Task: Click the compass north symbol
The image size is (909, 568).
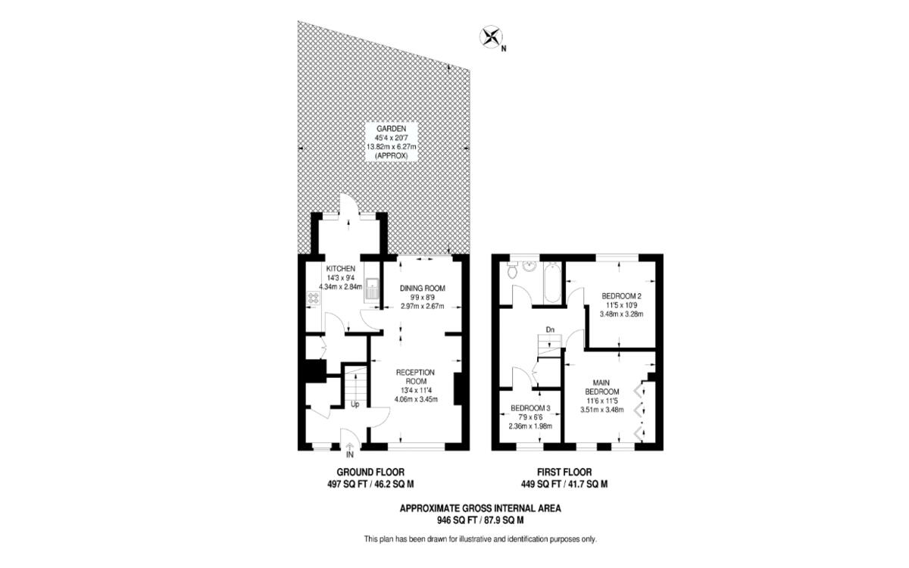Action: [x=492, y=36]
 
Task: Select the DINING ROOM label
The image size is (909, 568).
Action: [x=422, y=288]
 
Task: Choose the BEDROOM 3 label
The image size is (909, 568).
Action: [x=530, y=408]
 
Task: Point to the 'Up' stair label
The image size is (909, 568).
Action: [x=355, y=404]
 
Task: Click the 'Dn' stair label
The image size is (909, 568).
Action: [x=551, y=329]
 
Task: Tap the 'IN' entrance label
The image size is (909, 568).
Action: [x=349, y=455]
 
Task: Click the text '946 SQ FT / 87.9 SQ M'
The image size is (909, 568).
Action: [x=479, y=520]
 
